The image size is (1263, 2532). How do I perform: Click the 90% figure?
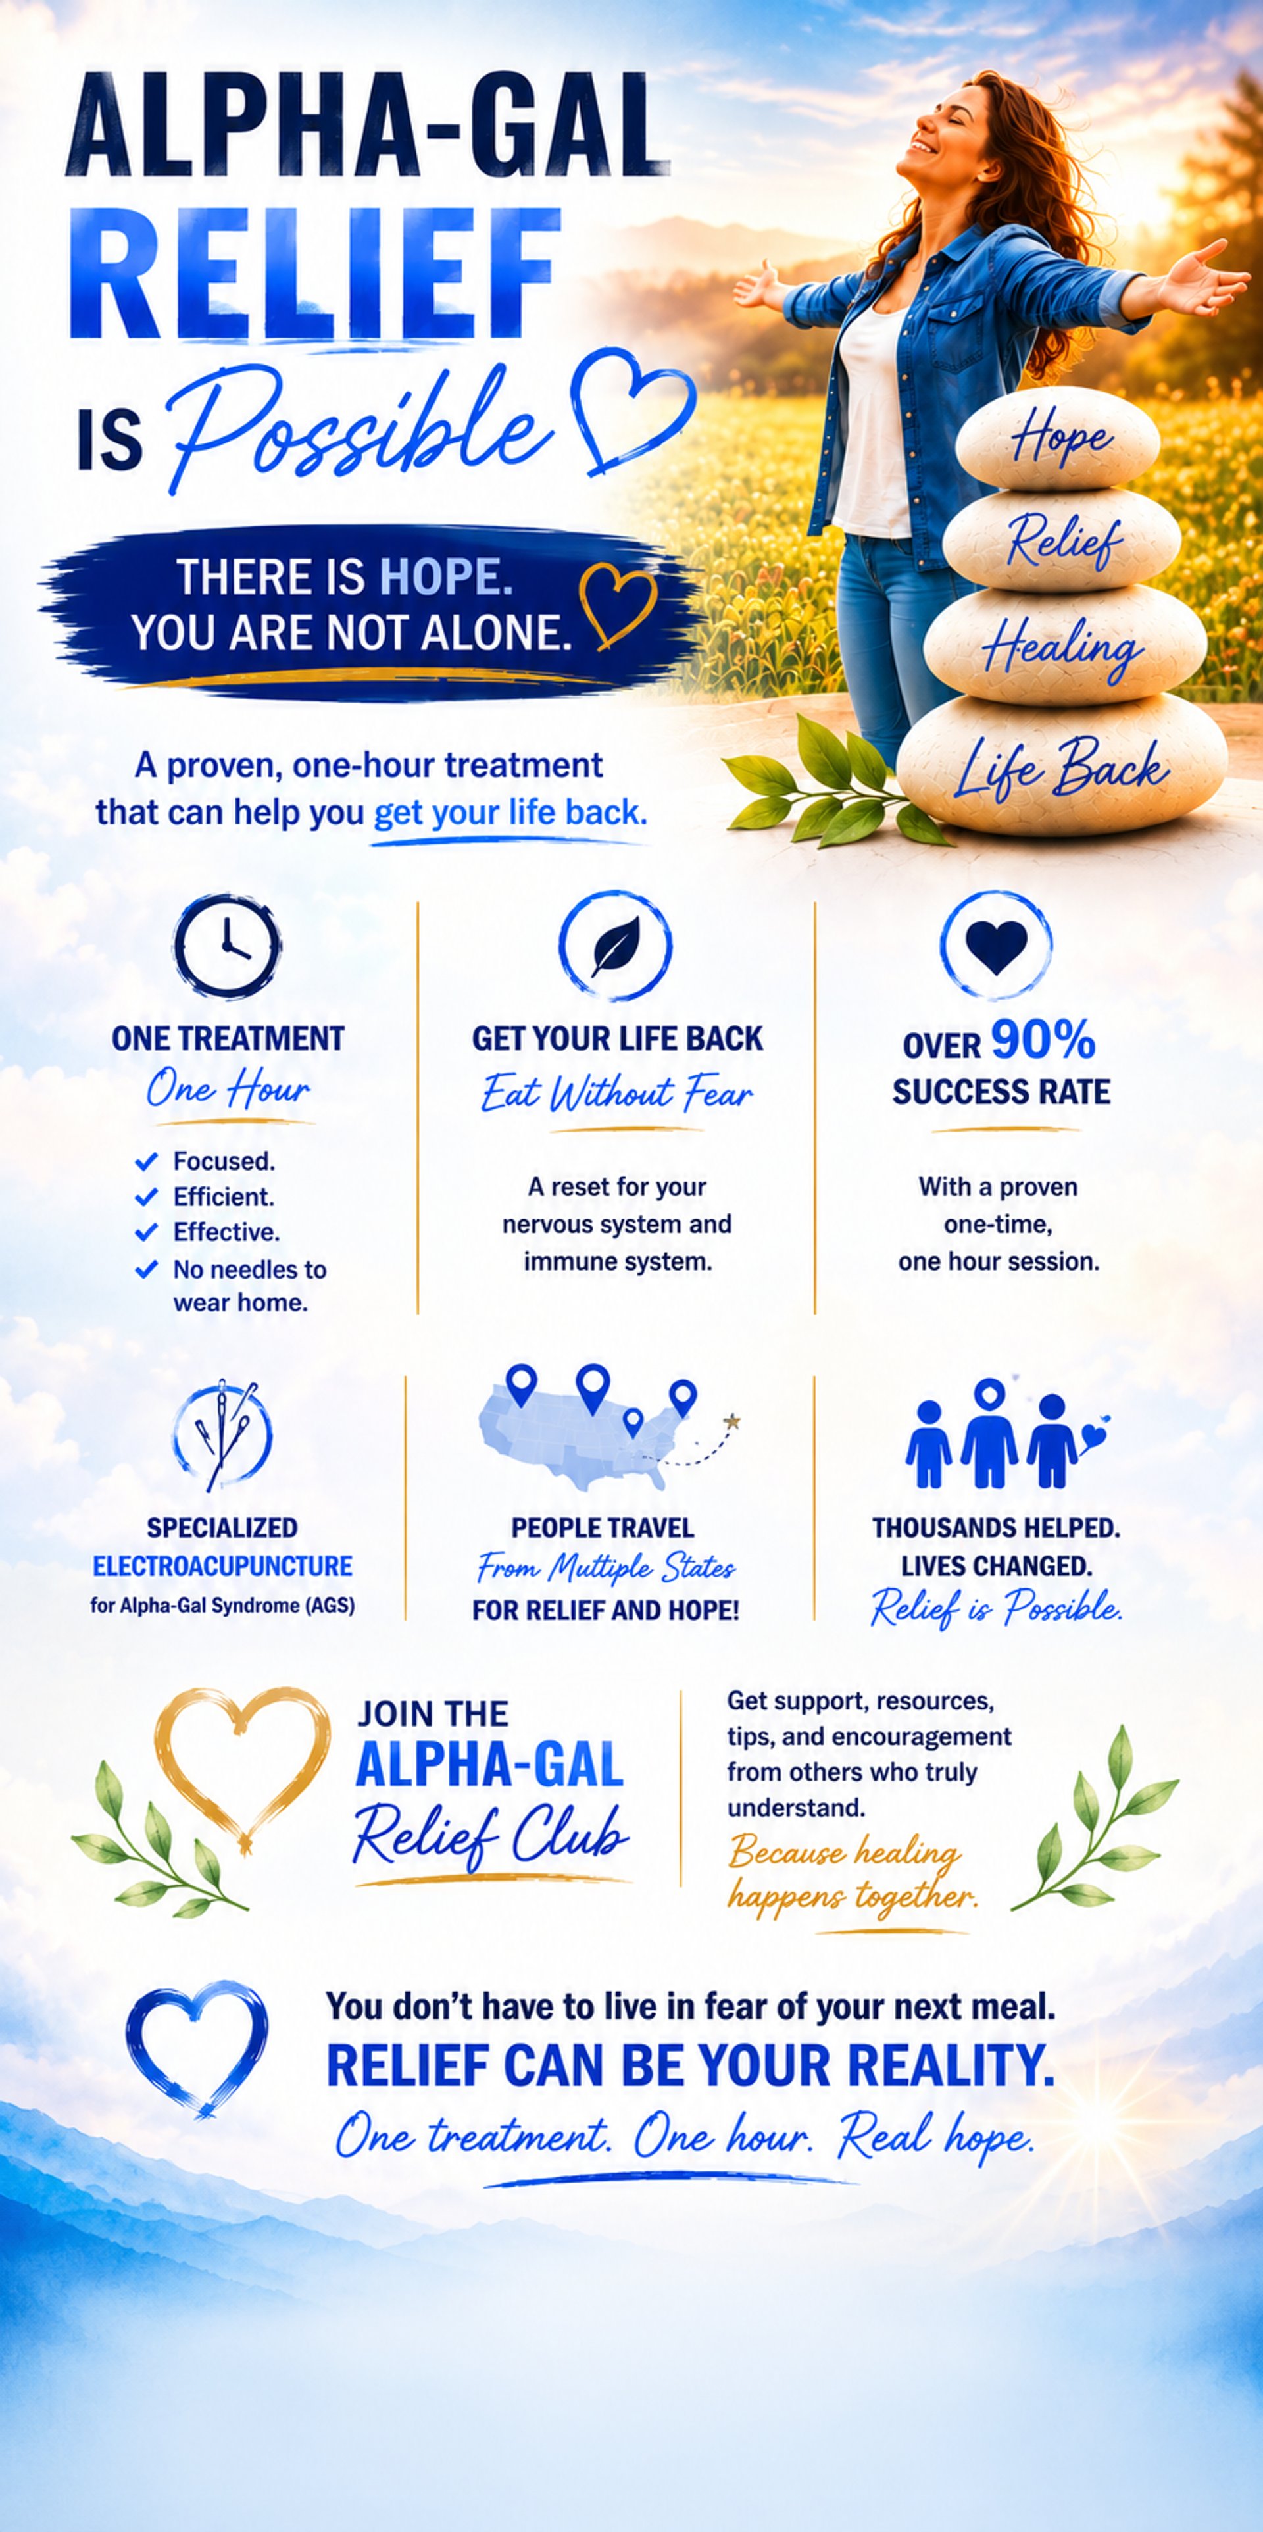1043,1040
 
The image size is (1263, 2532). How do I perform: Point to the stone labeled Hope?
1058,438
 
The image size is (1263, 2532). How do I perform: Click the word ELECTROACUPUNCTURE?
222,1566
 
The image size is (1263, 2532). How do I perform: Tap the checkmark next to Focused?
147,1162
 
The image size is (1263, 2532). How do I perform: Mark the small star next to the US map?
731,1421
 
